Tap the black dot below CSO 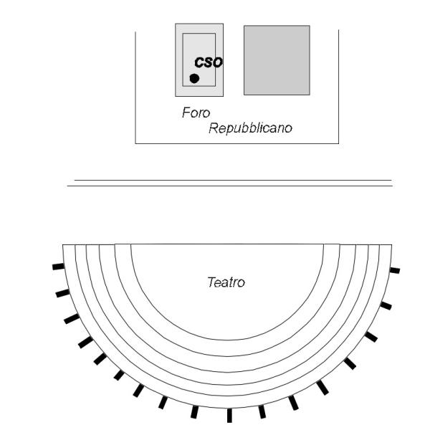[x=194, y=77]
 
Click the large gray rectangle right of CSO [x=277, y=60]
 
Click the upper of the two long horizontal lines [x=233, y=180]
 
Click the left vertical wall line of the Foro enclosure [x=135, y=86]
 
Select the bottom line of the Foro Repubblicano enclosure [x=236, y=144]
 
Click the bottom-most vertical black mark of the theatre [x=229, y=415]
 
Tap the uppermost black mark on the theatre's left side [x=58, y=267]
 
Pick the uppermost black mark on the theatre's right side [x=394, y=270]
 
